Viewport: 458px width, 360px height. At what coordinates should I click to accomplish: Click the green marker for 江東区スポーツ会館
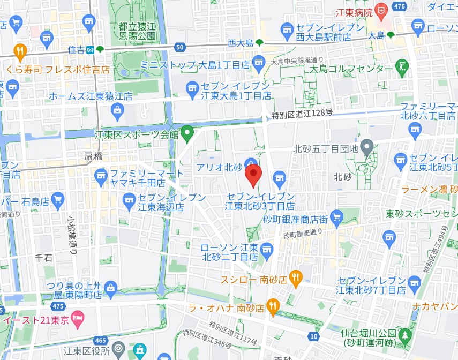pos(187,132)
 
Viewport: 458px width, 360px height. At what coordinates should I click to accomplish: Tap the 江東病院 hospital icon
pos(380,10)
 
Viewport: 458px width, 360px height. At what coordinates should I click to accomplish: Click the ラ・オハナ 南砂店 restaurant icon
pos(273,306)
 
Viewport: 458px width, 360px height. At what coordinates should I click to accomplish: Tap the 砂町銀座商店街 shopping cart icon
pos(336,217)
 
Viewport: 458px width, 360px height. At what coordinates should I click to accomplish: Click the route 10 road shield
pos(313,336)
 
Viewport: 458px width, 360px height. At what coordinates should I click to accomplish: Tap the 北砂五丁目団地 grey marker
pos(367,146)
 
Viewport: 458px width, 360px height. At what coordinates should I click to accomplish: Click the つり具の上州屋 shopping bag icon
pos(111,288)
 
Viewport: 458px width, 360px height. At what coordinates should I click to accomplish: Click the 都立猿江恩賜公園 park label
pos(138,31)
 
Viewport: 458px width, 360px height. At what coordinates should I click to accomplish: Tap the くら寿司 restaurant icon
pos(20,51)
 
